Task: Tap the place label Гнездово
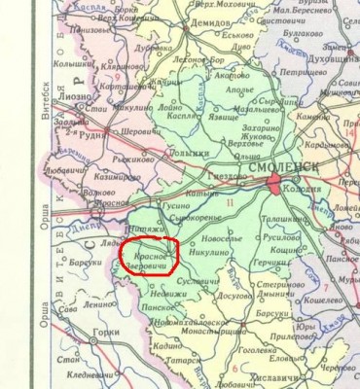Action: pyautogui.click(x=230, y=176)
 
